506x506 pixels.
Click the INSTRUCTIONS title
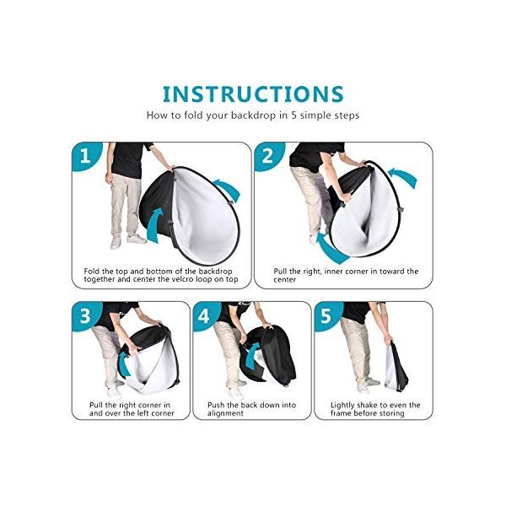pos(253,94)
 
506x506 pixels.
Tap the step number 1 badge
pos(84,156)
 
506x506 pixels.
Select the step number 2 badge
pos(267,156)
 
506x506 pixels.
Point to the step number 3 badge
pos(84,316)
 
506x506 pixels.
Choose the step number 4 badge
pos(205,316)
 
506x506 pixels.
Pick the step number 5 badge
pos(326,316)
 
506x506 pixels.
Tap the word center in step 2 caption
pos(285,279)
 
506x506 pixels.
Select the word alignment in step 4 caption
pos(225,413)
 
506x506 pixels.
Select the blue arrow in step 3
pos(123,364)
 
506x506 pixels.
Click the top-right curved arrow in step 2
pos(403,177)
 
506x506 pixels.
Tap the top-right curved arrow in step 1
pos(228,189)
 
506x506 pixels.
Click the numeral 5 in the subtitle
pos(293,116)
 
